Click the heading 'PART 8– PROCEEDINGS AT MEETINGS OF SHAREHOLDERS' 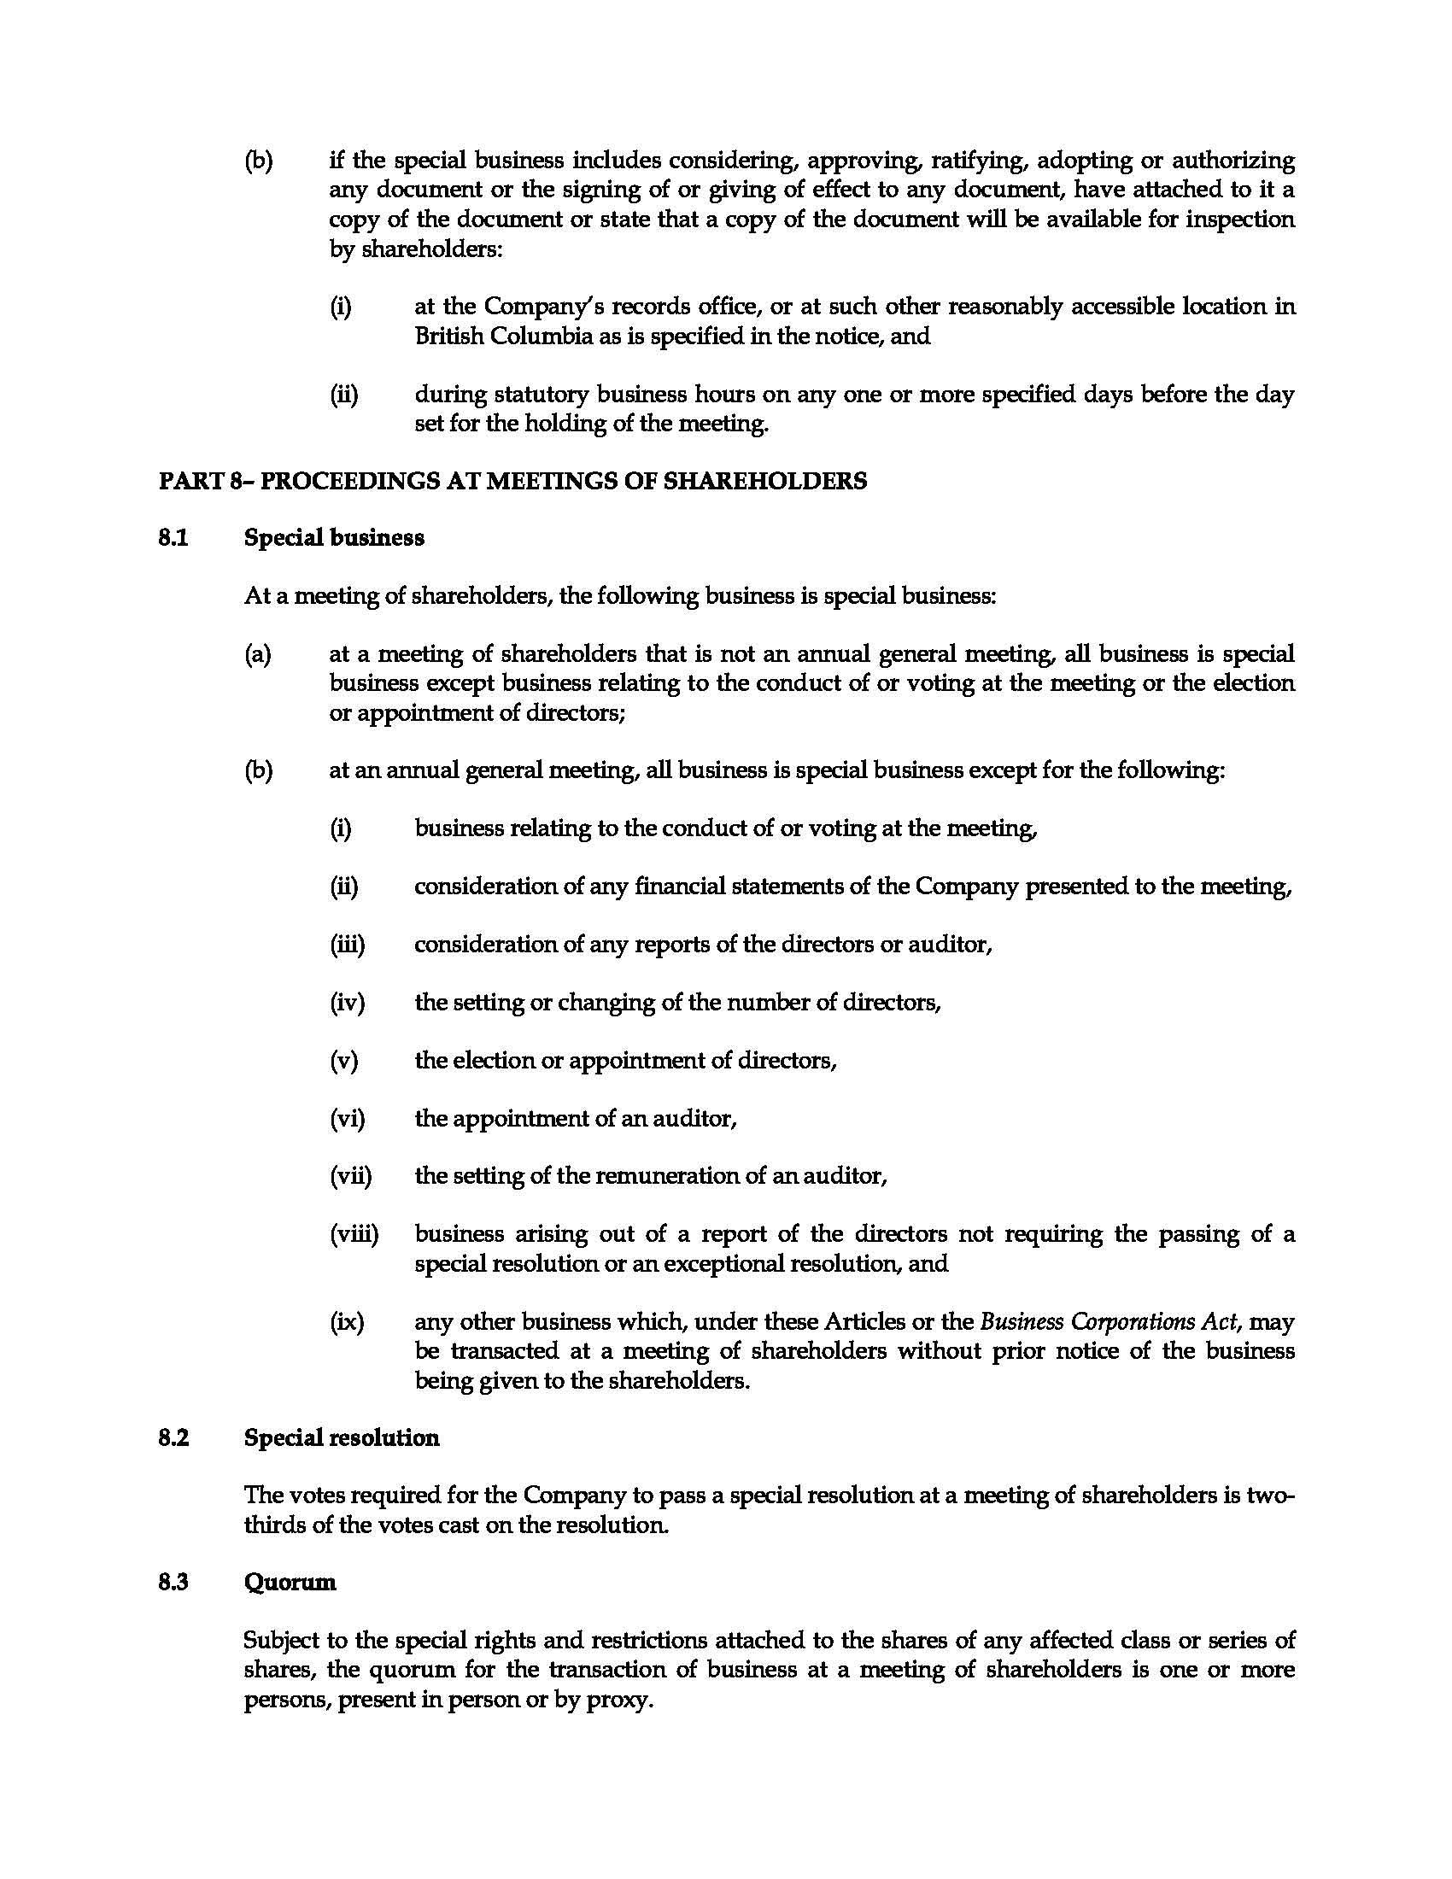(x=512, y=481)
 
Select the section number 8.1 (x=173, y=539)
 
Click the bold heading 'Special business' (x=334, y=539)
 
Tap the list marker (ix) (x=347, y=1322)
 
